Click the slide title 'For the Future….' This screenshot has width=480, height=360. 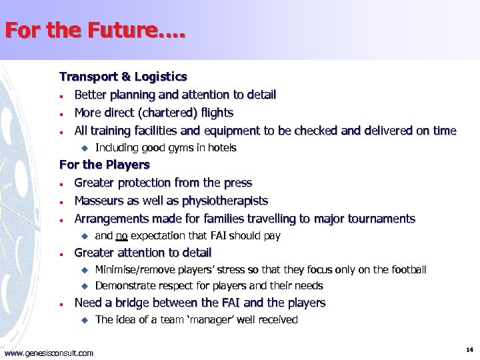(96, 31)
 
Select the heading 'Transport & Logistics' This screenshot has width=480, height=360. (123, 77)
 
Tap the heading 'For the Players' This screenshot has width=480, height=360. (105, 164)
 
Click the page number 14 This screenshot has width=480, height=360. (469, 349)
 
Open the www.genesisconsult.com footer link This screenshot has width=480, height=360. (49, 353)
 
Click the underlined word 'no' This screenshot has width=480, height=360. (122, 235)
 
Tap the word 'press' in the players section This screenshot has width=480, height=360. (237, 183)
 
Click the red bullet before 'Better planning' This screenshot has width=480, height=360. (61, 96)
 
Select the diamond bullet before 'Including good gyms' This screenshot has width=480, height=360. (84, 147)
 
